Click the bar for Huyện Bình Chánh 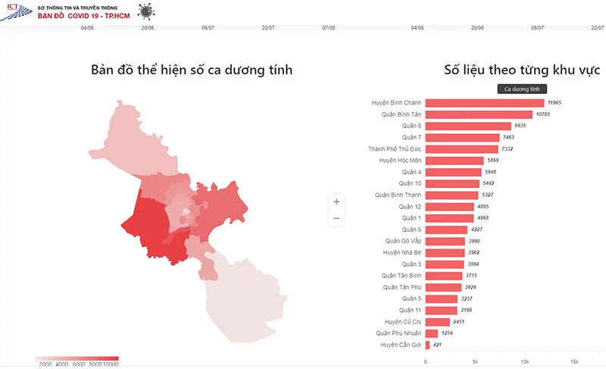(x=485, y=102)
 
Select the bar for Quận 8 (x=468, y=126)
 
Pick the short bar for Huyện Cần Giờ (x=427, y=345)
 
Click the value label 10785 (x=543, y=114)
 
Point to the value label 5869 (x=493, y=161)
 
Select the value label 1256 (x=448, y=333)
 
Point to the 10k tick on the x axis (x=526, y=361)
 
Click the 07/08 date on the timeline (x=328, y=28)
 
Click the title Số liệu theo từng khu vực (x=522, y=70)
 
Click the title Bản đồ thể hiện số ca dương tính (x=191, y=70)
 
